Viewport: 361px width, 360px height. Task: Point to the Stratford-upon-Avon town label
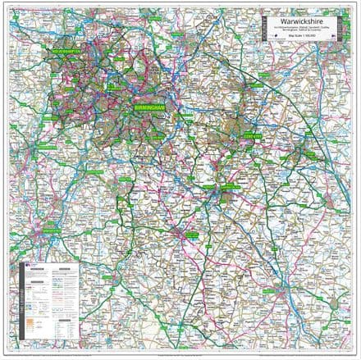tap(190, 233)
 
